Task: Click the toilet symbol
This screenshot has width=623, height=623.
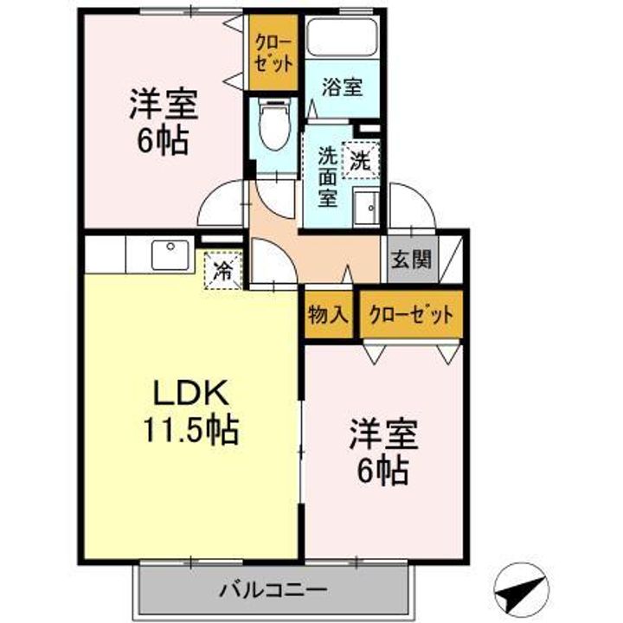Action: pyautogui.click(x=273, y=125)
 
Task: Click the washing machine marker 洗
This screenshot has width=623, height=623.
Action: pyautogui.click(x=359, y=158)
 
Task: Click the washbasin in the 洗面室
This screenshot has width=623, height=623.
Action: pyautogui.click(x=364, y=208)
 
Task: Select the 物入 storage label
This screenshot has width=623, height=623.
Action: pyautogui.click(x=327, y=316)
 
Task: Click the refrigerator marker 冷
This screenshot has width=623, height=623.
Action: pyautogui.click(x=222, y=268)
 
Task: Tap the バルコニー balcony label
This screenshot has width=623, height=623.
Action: pyautogui.click(x=272, y=592)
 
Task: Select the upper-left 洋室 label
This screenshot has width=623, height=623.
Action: pyautogui.click(x=164, y=105)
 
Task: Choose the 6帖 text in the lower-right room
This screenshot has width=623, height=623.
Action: pyautogui.click(x=383, y=470)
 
